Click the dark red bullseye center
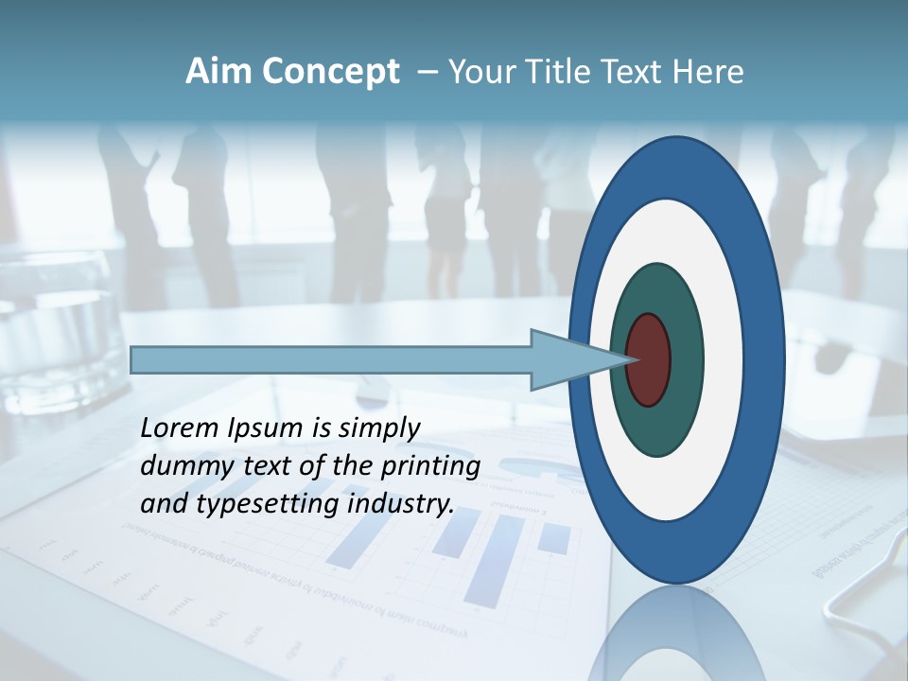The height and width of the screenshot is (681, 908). [648, 359]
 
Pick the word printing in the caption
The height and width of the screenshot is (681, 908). [432, 466]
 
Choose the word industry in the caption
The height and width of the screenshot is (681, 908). [401, 504]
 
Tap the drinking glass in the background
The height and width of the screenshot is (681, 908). [57, 331]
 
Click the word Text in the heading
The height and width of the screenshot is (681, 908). [632, 72]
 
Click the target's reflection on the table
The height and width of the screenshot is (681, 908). [676, 634]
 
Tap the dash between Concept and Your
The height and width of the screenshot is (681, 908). [427, 73]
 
